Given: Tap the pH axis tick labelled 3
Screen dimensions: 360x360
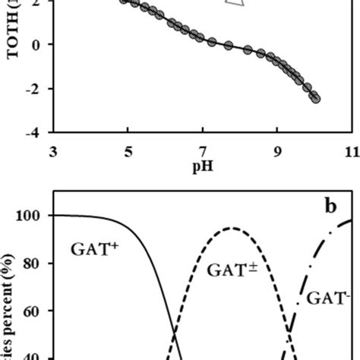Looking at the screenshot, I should click(x=52, y=152).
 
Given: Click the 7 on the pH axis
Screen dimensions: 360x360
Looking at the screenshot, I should click(x=202, y=152).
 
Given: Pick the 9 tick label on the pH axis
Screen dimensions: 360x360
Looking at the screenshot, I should click(x=277, y=152).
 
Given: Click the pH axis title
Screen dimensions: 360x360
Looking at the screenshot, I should click(x=202, y=165).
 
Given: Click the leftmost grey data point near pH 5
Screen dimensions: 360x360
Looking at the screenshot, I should click(x=125, y=2).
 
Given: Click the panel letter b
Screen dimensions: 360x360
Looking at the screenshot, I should click(x=333, y=207).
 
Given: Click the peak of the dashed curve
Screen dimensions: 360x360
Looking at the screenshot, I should click(x=233, y=228).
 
